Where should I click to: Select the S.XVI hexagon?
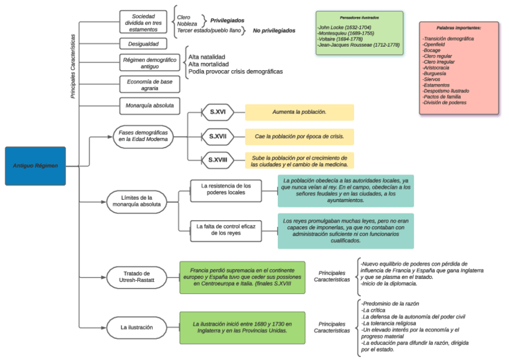coord(217,112)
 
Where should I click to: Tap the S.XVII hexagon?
coord(217,136)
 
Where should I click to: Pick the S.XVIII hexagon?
coord(217,160)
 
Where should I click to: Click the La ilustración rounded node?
coord(136,328)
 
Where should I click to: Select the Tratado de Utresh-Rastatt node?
coord(136,277)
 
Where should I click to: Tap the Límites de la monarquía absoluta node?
coord(136,201)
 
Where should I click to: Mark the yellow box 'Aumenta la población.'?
coord(299,112)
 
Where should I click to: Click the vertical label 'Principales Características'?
coord(73,66)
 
